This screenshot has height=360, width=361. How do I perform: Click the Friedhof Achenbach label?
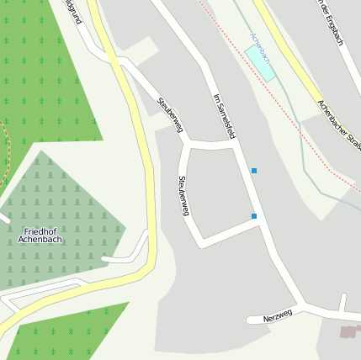coord(40,236)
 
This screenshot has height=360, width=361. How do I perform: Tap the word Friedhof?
coord(40,230)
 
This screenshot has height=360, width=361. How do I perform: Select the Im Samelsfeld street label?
coord(224,117)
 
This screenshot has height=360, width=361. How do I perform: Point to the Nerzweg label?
coord(277,315)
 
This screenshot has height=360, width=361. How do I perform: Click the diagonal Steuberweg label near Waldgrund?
coord(170,115)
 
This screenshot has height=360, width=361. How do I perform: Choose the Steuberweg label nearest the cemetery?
coord(183,196)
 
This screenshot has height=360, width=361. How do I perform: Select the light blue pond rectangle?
coord(260,63)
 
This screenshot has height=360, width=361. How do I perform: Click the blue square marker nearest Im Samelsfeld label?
coord(253,171)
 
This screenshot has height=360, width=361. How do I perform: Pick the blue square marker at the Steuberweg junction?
coord(253,216)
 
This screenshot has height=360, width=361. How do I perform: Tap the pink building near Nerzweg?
coord(348,332)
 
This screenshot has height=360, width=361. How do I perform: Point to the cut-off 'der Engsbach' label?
coord(332,23)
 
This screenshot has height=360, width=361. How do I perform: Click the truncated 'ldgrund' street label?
coord(72,10)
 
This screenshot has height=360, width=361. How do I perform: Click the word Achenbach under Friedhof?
coord(40,241)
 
